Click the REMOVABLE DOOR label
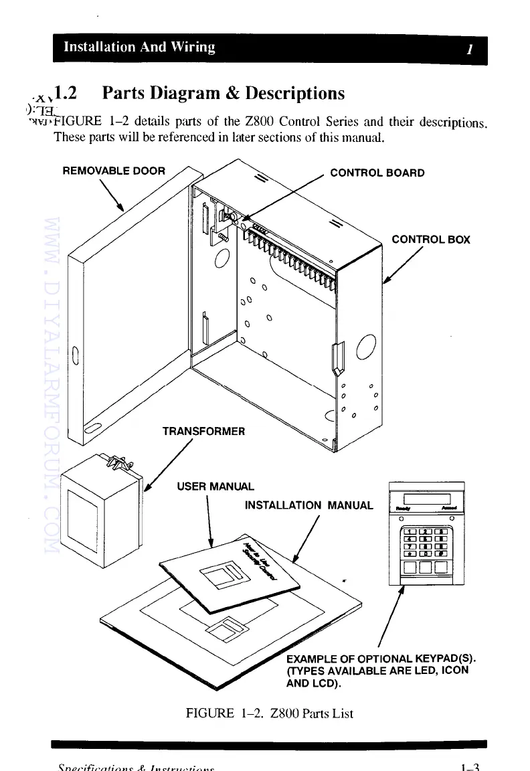point(113,171)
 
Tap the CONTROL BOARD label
point(377,173)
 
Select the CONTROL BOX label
point(430,239)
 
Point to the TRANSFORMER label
point(203,431)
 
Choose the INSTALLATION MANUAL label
point(308,505)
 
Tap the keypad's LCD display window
point(426,499)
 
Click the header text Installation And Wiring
point(139,47)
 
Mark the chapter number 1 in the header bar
point(470,48)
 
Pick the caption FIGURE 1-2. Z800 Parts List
point(269,713)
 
